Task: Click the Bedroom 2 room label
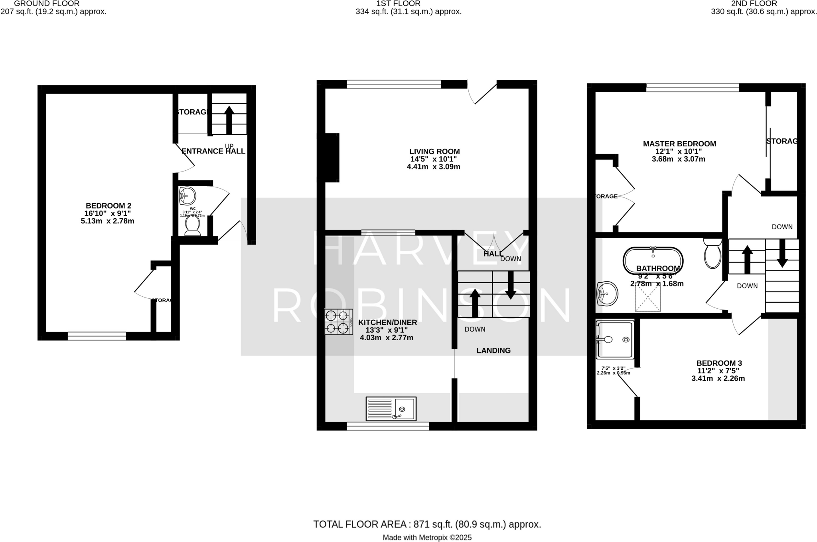coord(108,206)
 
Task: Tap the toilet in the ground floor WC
coord(192,226)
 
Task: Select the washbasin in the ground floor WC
coord(187,196)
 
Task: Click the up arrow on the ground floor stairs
coord(229,119)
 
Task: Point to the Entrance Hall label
coord(213,151)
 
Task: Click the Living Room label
coord(434,152)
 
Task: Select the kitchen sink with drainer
coord(391,408)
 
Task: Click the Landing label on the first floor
coord(493,351)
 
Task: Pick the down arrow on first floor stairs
coord(510,286)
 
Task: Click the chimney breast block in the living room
coord(332,158)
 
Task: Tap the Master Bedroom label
coord(679,144)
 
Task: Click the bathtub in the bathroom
coord(653,260)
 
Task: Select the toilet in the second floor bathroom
coord(712,253)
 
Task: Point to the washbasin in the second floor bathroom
coord(607,294)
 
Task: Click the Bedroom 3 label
coord(719,363)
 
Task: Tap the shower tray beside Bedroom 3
coord(615,340)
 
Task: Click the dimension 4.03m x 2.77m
coord(386,338)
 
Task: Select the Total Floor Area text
coord(427,524)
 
